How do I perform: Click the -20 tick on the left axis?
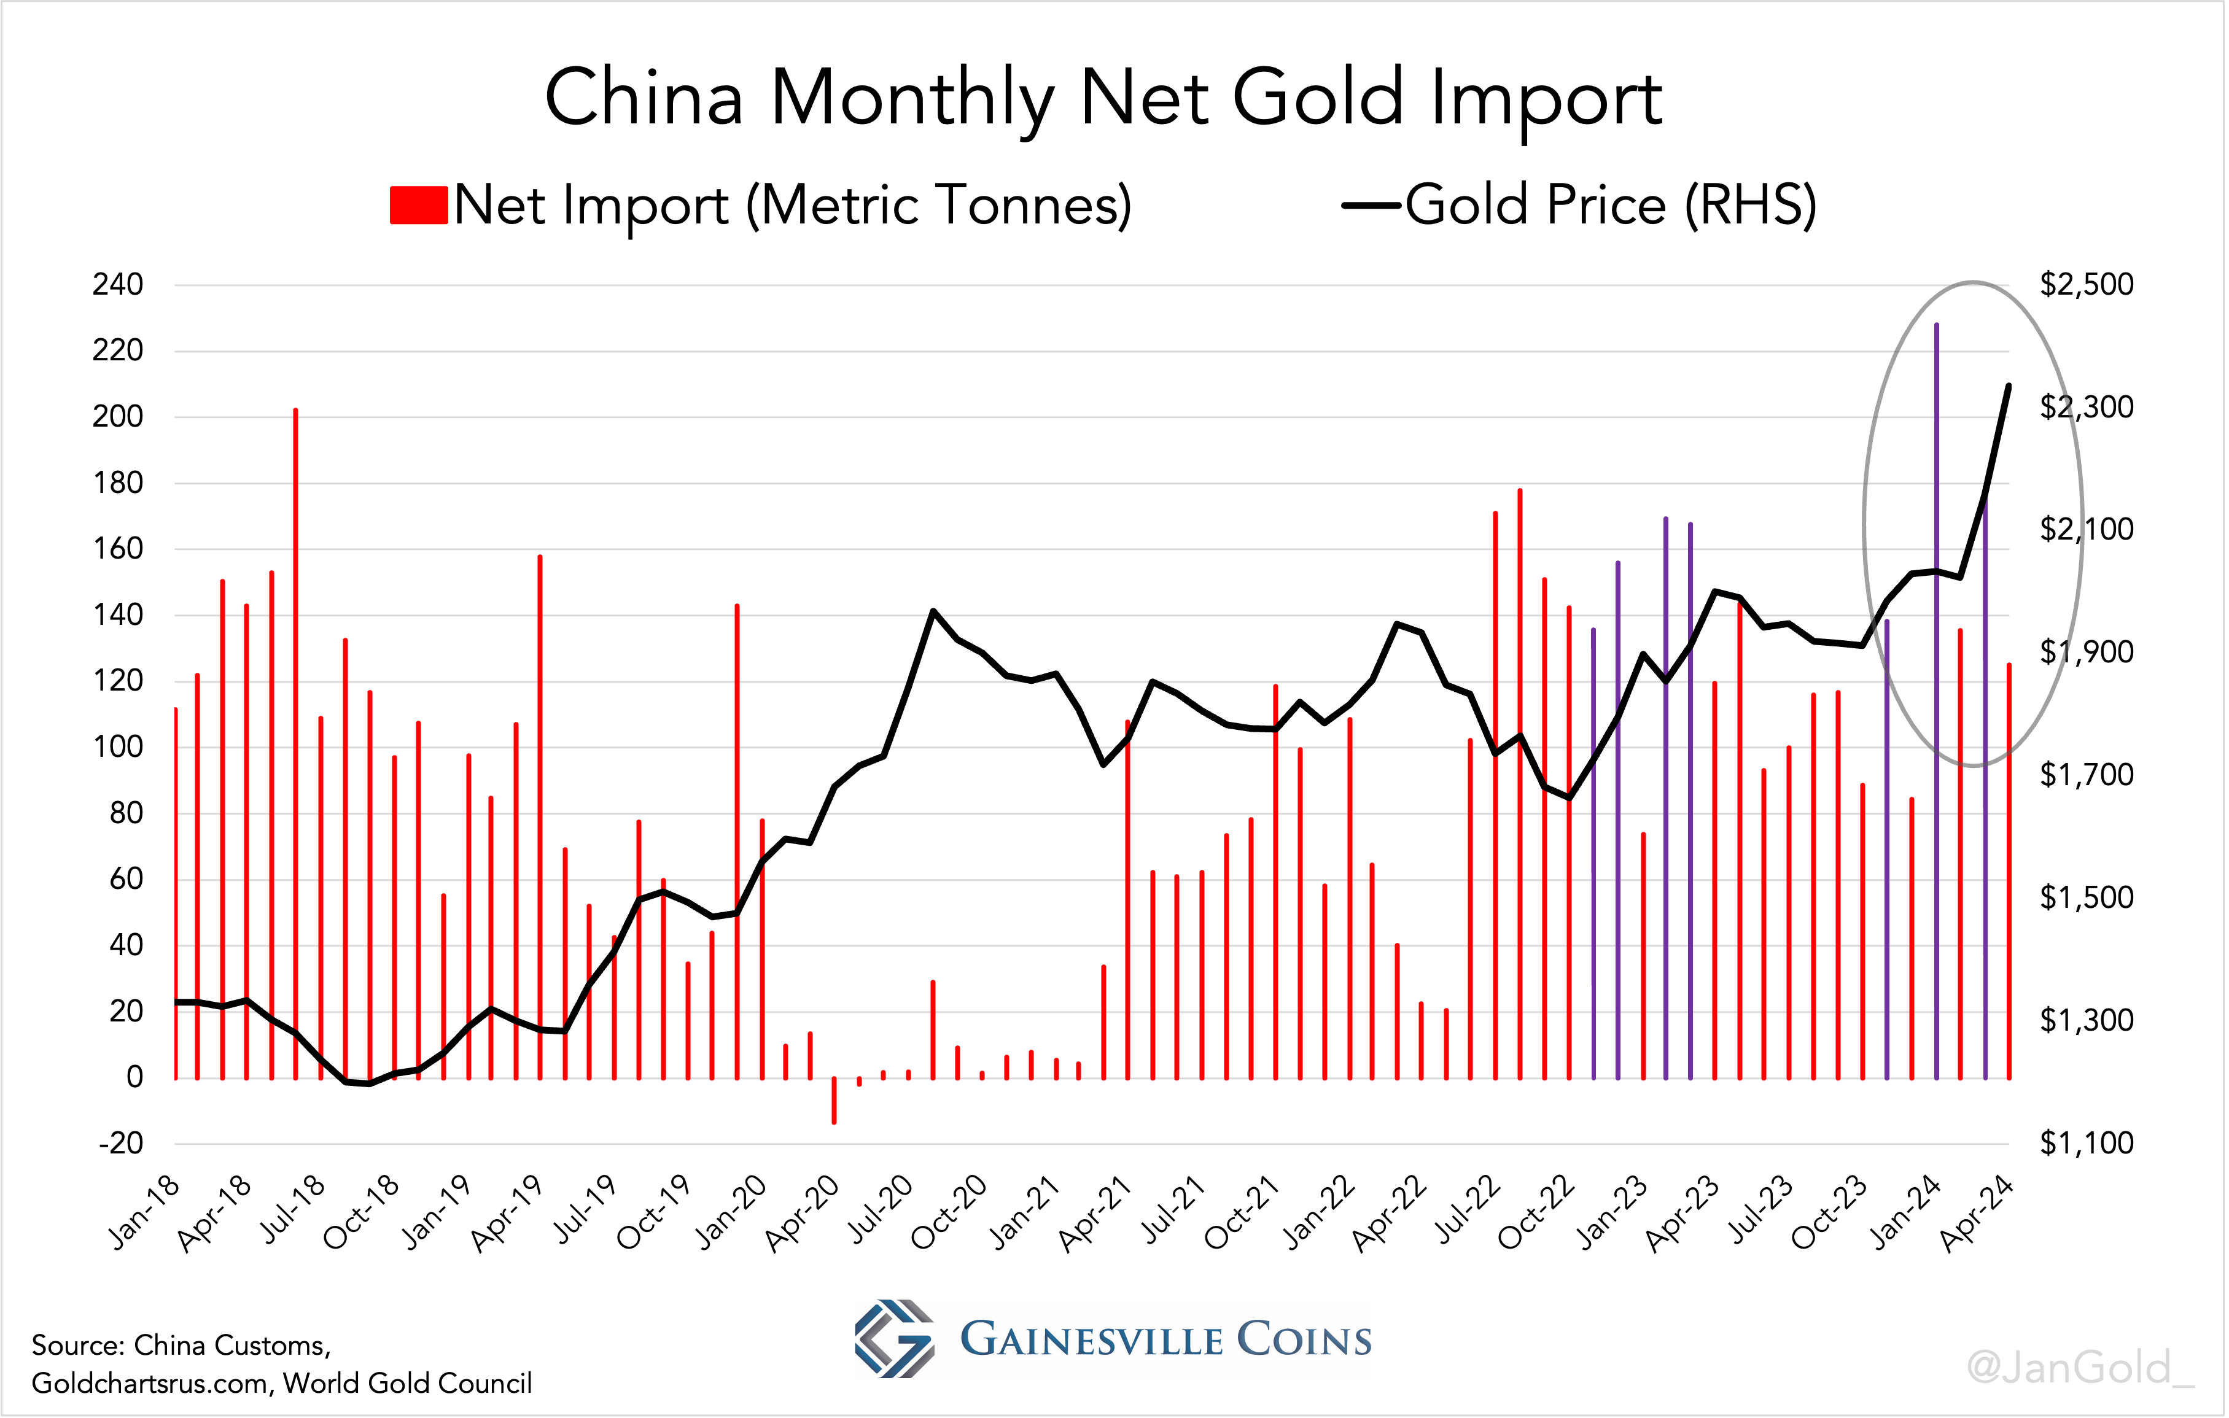tap(121, 1143)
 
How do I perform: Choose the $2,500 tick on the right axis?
tap(2087, 284)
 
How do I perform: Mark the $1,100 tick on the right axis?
tap(2087, 1143)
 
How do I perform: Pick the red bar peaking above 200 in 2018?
tap(295, 740)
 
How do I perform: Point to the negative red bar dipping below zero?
tap(834, 1101)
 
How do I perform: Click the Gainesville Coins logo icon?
tap(894, 1339)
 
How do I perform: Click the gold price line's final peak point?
tap(2008, 385)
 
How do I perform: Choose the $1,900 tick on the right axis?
tap(2087, 652)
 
